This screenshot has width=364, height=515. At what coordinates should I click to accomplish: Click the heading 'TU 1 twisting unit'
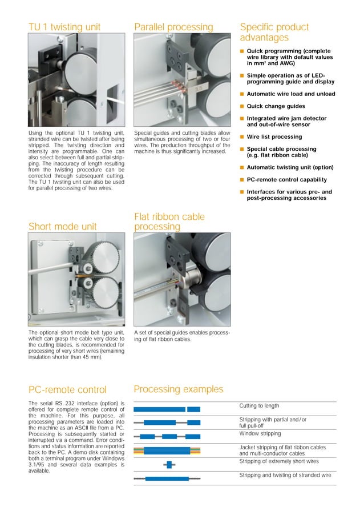pyautogui.click(x=64, y=27)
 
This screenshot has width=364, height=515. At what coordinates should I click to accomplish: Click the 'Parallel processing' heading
pyautogui.click(x=173, y=27)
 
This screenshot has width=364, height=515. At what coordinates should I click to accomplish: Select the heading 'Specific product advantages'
pyautogui.click(x=274, y=32)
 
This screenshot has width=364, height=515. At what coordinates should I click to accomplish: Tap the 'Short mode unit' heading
pyautogui.click(x=63, y=227)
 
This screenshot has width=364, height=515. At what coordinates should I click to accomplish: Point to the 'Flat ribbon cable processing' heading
pyautogui.click(x=169, y=222)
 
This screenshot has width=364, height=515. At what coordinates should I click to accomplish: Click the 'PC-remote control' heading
pyautogui.click(x=67, y=390)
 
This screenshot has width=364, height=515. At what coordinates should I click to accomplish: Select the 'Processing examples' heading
pyautogui.click(x=179, y=389)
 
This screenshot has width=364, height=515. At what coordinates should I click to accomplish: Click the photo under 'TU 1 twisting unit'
pyautogui.click(x=76, y=80)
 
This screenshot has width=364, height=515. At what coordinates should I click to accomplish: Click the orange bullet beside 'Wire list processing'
pyautogui.click(x=242, y=137)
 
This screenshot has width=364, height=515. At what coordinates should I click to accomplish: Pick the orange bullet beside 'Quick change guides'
pyautogui.click(x=242, y=106)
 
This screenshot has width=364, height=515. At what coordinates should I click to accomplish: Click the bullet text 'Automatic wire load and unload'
pyautogui.click(x=290, y=94)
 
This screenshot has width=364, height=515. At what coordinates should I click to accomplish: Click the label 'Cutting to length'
pyautogui.click(x=259, y=406)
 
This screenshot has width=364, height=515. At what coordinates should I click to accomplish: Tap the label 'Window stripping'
pyautogui.click(x=260, y=433)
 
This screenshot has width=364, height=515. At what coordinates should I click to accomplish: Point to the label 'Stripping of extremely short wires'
pyautogui.click(x=279, y=461)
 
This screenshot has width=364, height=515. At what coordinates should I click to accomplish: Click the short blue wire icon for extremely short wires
pyautogui.click(x=169, y=465)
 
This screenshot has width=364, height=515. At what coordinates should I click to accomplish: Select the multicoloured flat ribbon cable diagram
pyautogui.click(x=167, y=450)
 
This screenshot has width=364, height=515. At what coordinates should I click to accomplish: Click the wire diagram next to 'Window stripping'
pyautogui.click(x=167, y=436)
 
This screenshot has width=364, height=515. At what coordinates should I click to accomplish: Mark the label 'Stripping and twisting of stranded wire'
pyautogui.click(x=285, y=475)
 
